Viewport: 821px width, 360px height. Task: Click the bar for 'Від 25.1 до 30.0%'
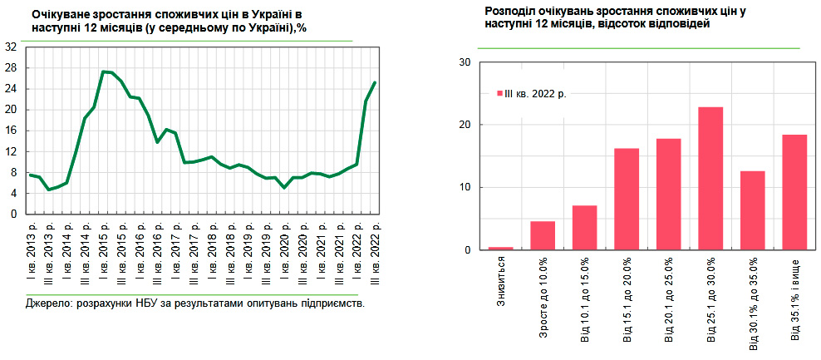(710, 179)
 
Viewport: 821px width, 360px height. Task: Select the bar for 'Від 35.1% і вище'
(795, 192)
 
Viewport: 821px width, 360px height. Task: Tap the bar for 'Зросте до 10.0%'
(543, 235)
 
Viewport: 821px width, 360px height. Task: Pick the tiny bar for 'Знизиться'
(500, 248)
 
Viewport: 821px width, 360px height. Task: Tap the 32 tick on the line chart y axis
(12, 47)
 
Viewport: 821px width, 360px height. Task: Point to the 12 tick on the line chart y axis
(12, 151)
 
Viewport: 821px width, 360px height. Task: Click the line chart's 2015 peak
(103, 72)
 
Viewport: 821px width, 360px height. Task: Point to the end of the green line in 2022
(375, 82)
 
